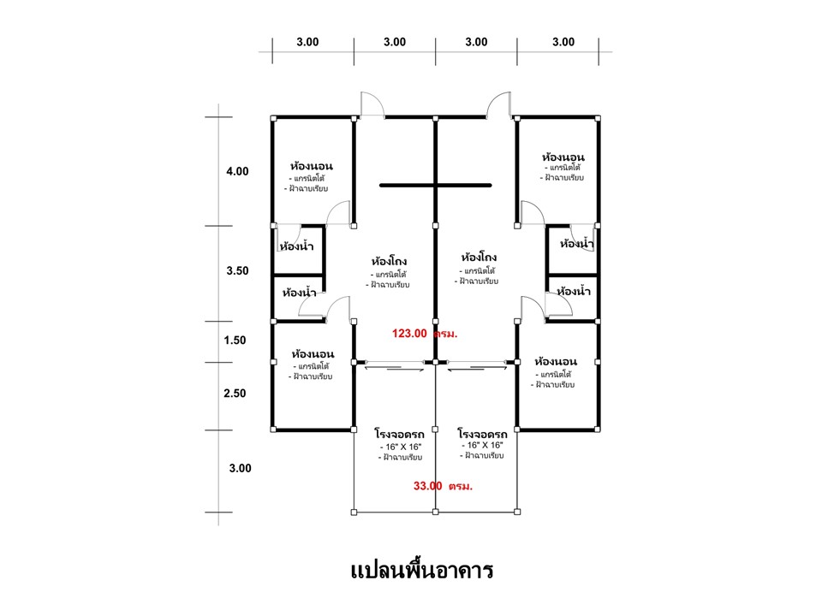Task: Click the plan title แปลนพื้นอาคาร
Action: point(421,571)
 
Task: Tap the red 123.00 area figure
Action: point(409,334)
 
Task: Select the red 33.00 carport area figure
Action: point(428,486)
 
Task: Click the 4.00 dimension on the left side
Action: point(237,171)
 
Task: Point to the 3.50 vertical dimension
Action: point(237,271)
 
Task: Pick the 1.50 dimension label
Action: point(235,341)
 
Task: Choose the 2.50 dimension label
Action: point(235,394)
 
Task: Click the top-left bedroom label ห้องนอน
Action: point(312,166)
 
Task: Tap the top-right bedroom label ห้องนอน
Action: point(563,157)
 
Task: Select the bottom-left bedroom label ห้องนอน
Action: point(313,354)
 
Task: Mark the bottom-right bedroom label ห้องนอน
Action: point(556,361)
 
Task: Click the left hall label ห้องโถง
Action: point(389,261)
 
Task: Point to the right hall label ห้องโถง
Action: point(479,258)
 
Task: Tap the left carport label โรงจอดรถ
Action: point(400,435)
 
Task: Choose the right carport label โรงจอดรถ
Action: point(482,435)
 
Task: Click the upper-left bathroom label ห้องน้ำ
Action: point(296,246)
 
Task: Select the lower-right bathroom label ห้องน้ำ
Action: point(574,291)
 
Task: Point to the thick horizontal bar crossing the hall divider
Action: point(436,185)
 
